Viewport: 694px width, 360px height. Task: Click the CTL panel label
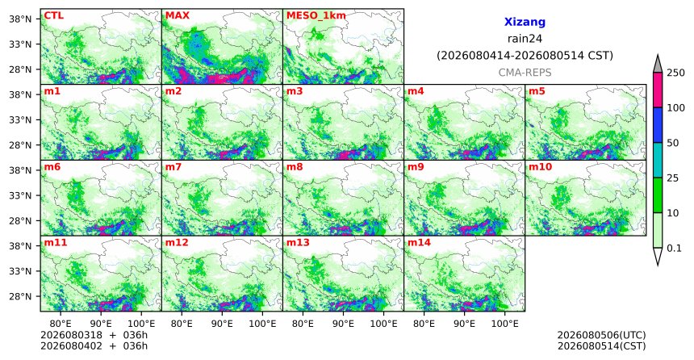[x=53, y=15]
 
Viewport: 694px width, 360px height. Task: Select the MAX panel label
[x=177, y=15]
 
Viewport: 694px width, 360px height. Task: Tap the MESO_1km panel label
[x=316, y=15]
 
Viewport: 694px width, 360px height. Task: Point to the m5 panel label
[x=537, y=91]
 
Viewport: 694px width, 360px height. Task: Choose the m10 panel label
[x=540, y=167]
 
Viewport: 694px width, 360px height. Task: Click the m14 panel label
[x=419, y=243]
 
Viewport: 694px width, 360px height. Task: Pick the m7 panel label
[x=173, y=167]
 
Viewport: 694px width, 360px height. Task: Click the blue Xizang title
[x=525, y=22]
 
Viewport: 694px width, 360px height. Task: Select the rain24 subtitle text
[x=525, y=39]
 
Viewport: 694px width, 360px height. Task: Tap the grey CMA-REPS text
[x=525, y=72]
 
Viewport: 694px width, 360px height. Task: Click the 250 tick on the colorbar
[x=675, y=73]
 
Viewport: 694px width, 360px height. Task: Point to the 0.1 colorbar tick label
[x=674, y=248]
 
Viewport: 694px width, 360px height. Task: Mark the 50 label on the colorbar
[x=673, y=143]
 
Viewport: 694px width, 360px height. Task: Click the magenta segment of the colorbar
[x=658, y=90]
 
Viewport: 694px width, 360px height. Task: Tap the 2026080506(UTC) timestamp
[x=601, y=335]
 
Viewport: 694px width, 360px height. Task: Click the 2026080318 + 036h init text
[x=94, y=335]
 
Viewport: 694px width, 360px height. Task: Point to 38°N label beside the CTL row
[x=20, y=19]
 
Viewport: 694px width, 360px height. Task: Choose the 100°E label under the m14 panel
[x=504, y=324]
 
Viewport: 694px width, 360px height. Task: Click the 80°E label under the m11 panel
[x=61, y=324]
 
